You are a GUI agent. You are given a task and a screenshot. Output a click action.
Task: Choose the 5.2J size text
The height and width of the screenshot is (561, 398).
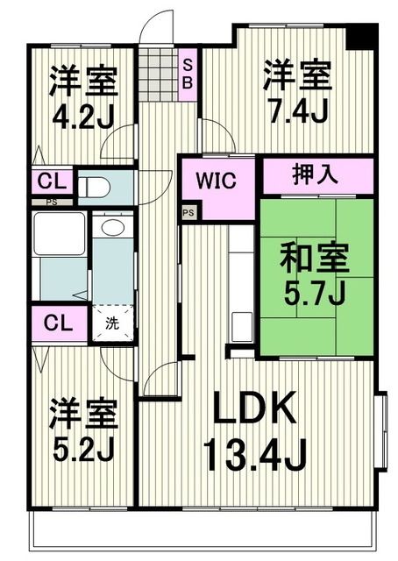[x=82, y=447]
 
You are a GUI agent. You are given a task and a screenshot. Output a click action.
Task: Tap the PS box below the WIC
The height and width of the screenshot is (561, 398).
[x=188, y=211]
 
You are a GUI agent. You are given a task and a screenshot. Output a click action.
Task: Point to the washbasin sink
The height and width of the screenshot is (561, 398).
[x=111, y=230]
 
